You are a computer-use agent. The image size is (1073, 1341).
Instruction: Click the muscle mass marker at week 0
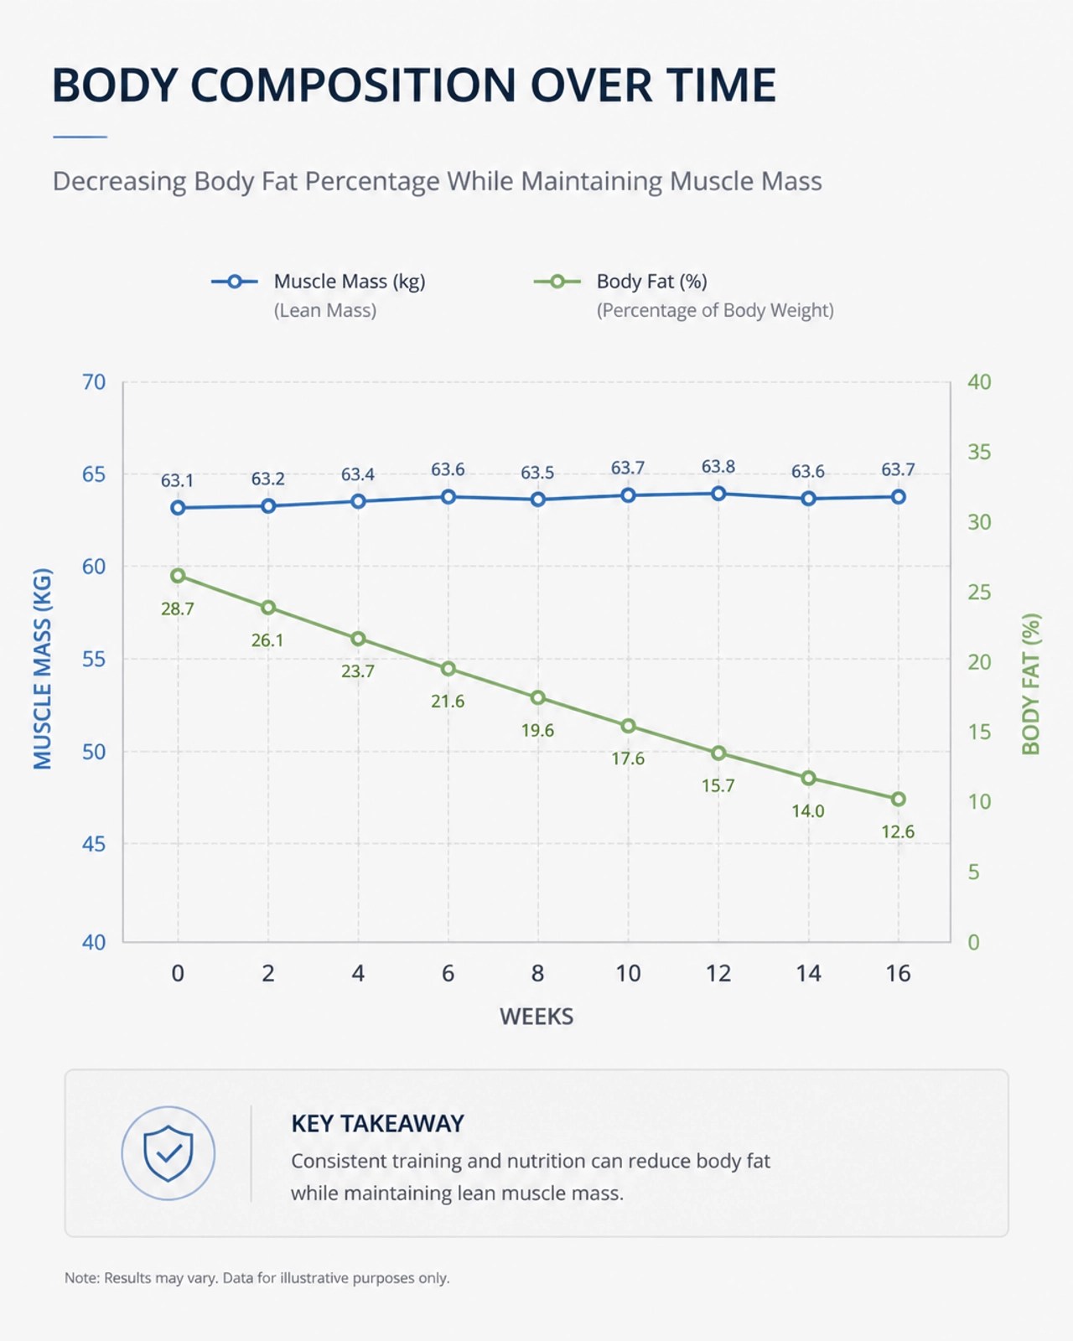(178, 508)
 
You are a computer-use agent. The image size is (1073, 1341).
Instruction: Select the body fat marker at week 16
(898, 799)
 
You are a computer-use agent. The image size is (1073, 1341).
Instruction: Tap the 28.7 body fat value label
(178, 608)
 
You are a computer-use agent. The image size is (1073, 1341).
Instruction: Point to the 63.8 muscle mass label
(718, 467)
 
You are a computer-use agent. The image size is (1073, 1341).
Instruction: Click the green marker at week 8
(538, 698)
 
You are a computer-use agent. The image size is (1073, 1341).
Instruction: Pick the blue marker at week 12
(718, 494)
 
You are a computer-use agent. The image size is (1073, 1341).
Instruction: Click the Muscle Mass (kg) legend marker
(235, 282)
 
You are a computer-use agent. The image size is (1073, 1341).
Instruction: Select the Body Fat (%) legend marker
(557, 282)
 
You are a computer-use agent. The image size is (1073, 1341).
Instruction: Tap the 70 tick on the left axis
(94, 382)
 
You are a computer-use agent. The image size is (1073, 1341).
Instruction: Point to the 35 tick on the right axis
(979, 452)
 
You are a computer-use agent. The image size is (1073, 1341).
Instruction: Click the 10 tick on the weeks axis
(628, 973)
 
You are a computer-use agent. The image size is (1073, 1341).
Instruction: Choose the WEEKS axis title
(536, 1017)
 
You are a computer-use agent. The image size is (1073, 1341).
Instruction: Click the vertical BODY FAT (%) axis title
(1030, 684)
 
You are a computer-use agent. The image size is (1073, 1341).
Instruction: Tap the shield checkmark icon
(168, 1152)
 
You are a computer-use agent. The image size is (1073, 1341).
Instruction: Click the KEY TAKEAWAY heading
(378, 1124)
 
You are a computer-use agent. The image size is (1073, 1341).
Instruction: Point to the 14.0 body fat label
(808, 810)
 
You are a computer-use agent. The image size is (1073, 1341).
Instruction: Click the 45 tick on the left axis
(94, 844)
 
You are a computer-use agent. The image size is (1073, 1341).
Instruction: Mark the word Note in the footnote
(81, 1278)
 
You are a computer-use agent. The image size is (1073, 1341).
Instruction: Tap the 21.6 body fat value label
(448, 702)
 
